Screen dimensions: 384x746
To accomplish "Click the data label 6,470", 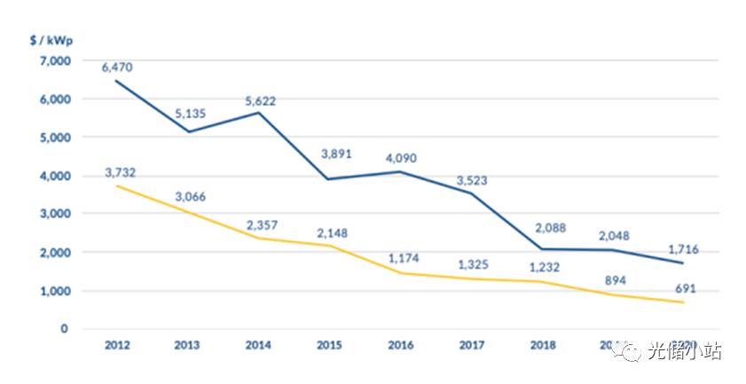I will coord(115,67).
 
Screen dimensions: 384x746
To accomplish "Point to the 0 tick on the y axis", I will coord(64,329).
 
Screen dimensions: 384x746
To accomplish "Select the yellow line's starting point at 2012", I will coord(116,186).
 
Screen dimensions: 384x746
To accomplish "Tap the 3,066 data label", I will coord(189,196).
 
